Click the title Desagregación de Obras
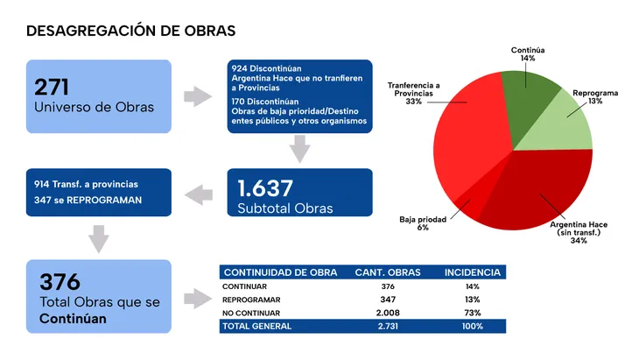coord(131,32)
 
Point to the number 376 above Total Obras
coord(60,281)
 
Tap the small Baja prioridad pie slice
coord(463,205)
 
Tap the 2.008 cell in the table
coord(387,313)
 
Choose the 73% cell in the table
coord(473,313)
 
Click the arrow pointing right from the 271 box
coord(197,95)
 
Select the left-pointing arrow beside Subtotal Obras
coord(200,192)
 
